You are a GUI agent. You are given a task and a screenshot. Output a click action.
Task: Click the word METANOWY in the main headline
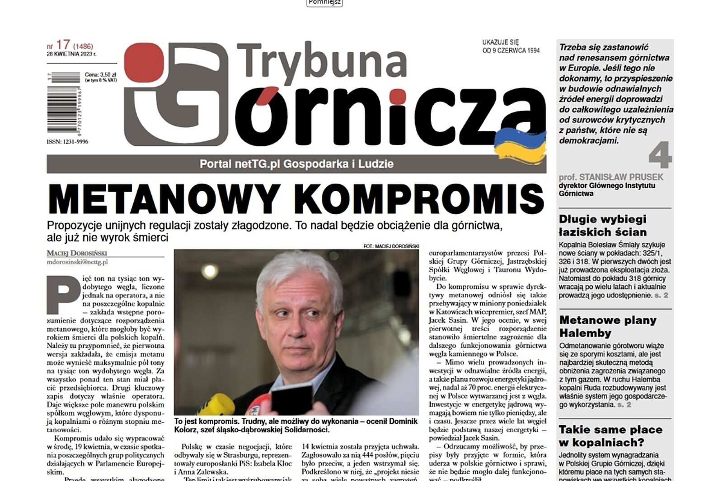pyautogui.click(x=164, y=199)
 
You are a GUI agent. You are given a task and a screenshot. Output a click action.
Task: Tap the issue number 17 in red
pyautogui.click(x=63, y=45)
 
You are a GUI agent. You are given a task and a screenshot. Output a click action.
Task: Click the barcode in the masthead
pyautogui.click(x=63, y=103)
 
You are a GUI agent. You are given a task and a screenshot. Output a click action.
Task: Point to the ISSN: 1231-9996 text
pyautogui.click(x=67, y=142)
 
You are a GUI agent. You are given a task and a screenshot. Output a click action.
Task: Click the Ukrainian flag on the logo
pyautogui.click(x=520, y=145)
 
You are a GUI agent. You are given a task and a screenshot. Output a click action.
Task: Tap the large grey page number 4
pyautogui.click(x=660, y=155)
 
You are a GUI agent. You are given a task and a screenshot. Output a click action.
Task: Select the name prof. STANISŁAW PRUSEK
pyautogui.click(x=610, y=177)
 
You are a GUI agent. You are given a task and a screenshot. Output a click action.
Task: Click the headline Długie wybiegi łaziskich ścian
pyautogui.click(x=602, y=226)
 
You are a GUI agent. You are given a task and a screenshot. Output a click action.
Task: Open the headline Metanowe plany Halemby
pyautogui.click(x=607, y=327)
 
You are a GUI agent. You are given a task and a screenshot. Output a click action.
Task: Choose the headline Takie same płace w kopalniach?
pyautogui.click(x=610, y=436)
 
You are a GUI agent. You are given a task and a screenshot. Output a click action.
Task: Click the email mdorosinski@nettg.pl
pyautogui.click(x=77, y=262)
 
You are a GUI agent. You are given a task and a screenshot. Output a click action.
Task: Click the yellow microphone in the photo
pyautogui.click(x=216, y=404)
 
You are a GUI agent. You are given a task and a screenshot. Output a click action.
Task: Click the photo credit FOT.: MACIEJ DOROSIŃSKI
pyautogui.click(x=391, y=246)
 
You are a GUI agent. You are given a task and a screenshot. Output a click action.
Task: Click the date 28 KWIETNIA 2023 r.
pyautogui.click(x=71, y=54)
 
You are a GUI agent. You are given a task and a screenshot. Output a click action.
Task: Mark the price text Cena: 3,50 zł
pyautogui.click(x=100, y=74)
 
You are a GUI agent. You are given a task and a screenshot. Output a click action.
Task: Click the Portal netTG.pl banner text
pyautogui.click(x=296, y=164)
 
